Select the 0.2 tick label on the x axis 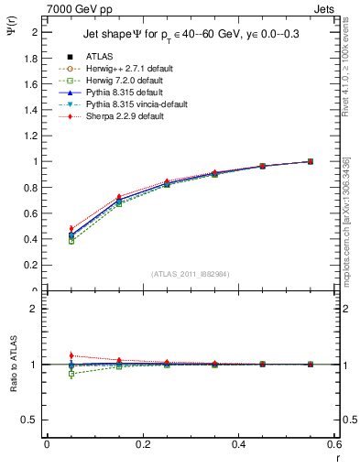(x=142, y=443)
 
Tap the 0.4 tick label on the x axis (x=238, y=443)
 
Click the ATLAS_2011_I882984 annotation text (x=190, y=273)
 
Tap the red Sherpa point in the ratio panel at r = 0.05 (x=71, y=355)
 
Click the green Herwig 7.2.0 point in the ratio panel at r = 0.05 (x=71, y=374)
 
